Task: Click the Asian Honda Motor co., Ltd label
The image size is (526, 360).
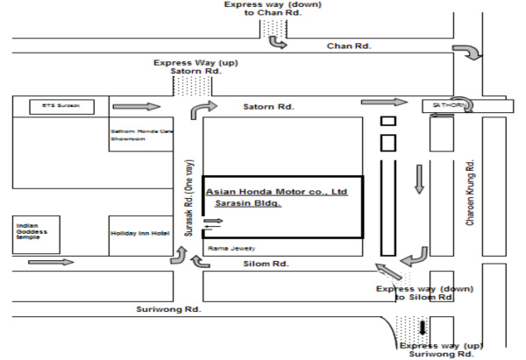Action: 276,190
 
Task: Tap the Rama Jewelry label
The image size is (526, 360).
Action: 226,248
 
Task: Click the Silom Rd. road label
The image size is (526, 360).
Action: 266,264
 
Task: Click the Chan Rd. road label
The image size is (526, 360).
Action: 349,45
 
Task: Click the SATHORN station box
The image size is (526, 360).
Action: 450,105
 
